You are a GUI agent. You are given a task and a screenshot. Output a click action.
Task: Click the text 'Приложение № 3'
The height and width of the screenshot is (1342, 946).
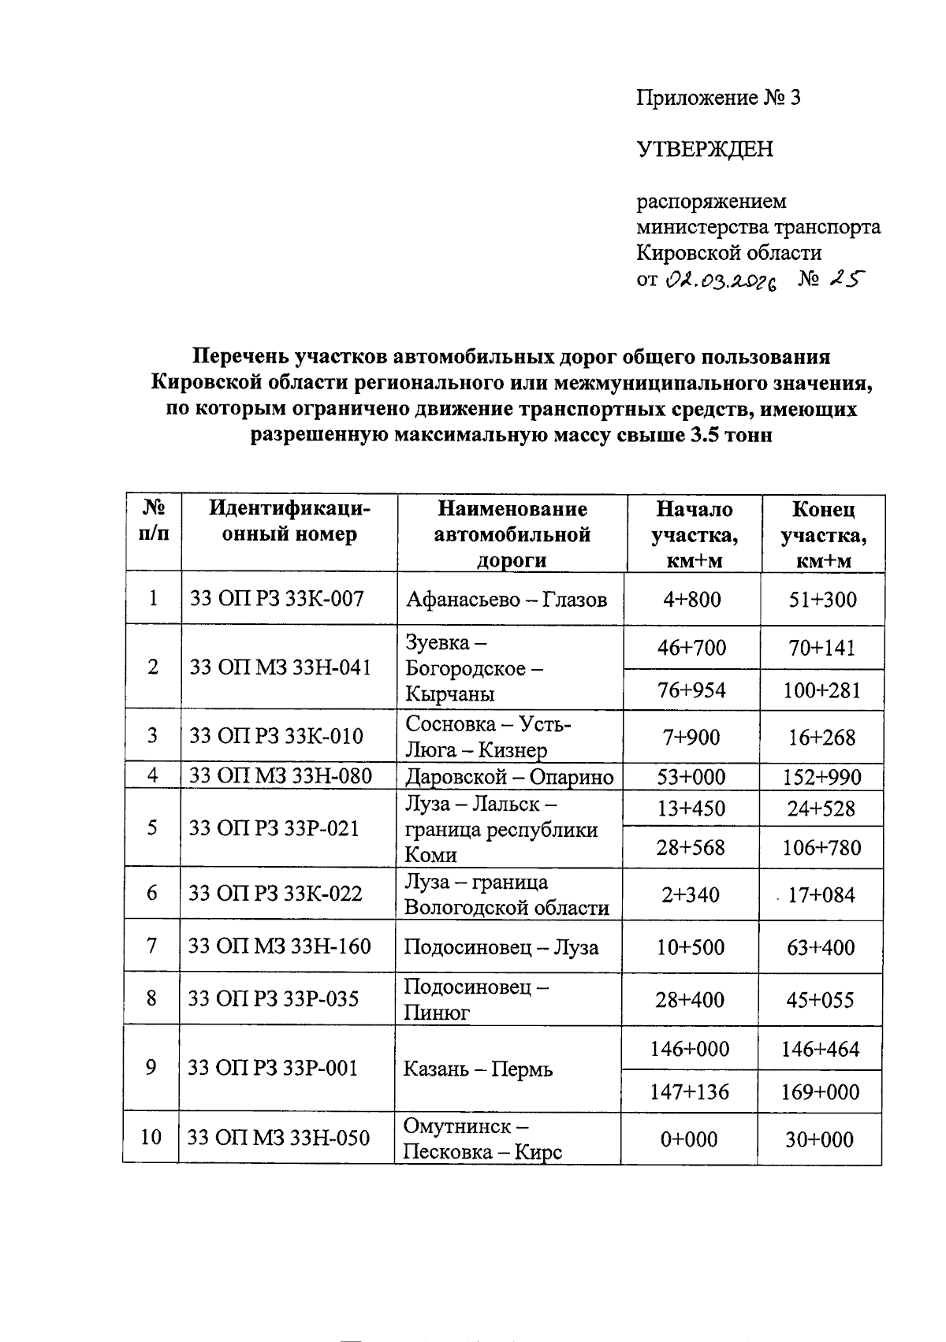pos(718,98)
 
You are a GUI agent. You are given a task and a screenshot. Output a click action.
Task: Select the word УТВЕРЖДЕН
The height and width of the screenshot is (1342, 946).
pos(705,149)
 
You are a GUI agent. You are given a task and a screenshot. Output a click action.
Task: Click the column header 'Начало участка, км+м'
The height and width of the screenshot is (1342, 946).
pos(694,534)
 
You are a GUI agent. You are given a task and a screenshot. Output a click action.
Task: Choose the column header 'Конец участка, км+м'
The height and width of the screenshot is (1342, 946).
pos(823,534)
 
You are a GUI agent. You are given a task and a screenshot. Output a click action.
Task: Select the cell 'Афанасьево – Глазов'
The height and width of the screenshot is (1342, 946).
pos(506,600)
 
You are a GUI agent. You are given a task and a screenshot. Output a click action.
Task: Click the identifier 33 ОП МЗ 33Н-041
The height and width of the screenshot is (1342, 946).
pos(281,667)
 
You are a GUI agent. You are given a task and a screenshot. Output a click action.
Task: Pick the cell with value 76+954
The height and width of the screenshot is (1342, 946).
pos(692,690)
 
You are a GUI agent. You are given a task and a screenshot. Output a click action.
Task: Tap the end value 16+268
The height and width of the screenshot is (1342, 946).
pos(821,738)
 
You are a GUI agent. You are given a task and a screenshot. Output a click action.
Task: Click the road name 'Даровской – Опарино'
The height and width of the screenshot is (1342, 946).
pos(509,777)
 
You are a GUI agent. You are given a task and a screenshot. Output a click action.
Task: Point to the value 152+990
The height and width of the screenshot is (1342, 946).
pos(821,777)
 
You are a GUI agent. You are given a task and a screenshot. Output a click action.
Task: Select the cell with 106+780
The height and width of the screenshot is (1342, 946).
pos(821,848)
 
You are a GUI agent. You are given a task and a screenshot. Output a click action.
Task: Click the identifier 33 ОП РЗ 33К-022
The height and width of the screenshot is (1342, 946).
pos(275,894)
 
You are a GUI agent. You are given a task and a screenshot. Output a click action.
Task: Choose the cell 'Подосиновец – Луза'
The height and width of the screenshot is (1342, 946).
pos(501,946)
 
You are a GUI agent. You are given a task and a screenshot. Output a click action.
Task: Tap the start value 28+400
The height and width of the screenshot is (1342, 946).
pos(690,1000)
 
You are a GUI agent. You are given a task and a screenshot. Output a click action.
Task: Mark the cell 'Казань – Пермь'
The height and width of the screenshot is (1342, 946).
pos(478,1069)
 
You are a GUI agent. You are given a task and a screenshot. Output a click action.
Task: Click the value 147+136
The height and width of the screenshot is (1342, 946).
pos(690,1092)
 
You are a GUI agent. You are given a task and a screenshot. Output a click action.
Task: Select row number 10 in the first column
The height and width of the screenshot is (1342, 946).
pos(151,1137)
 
